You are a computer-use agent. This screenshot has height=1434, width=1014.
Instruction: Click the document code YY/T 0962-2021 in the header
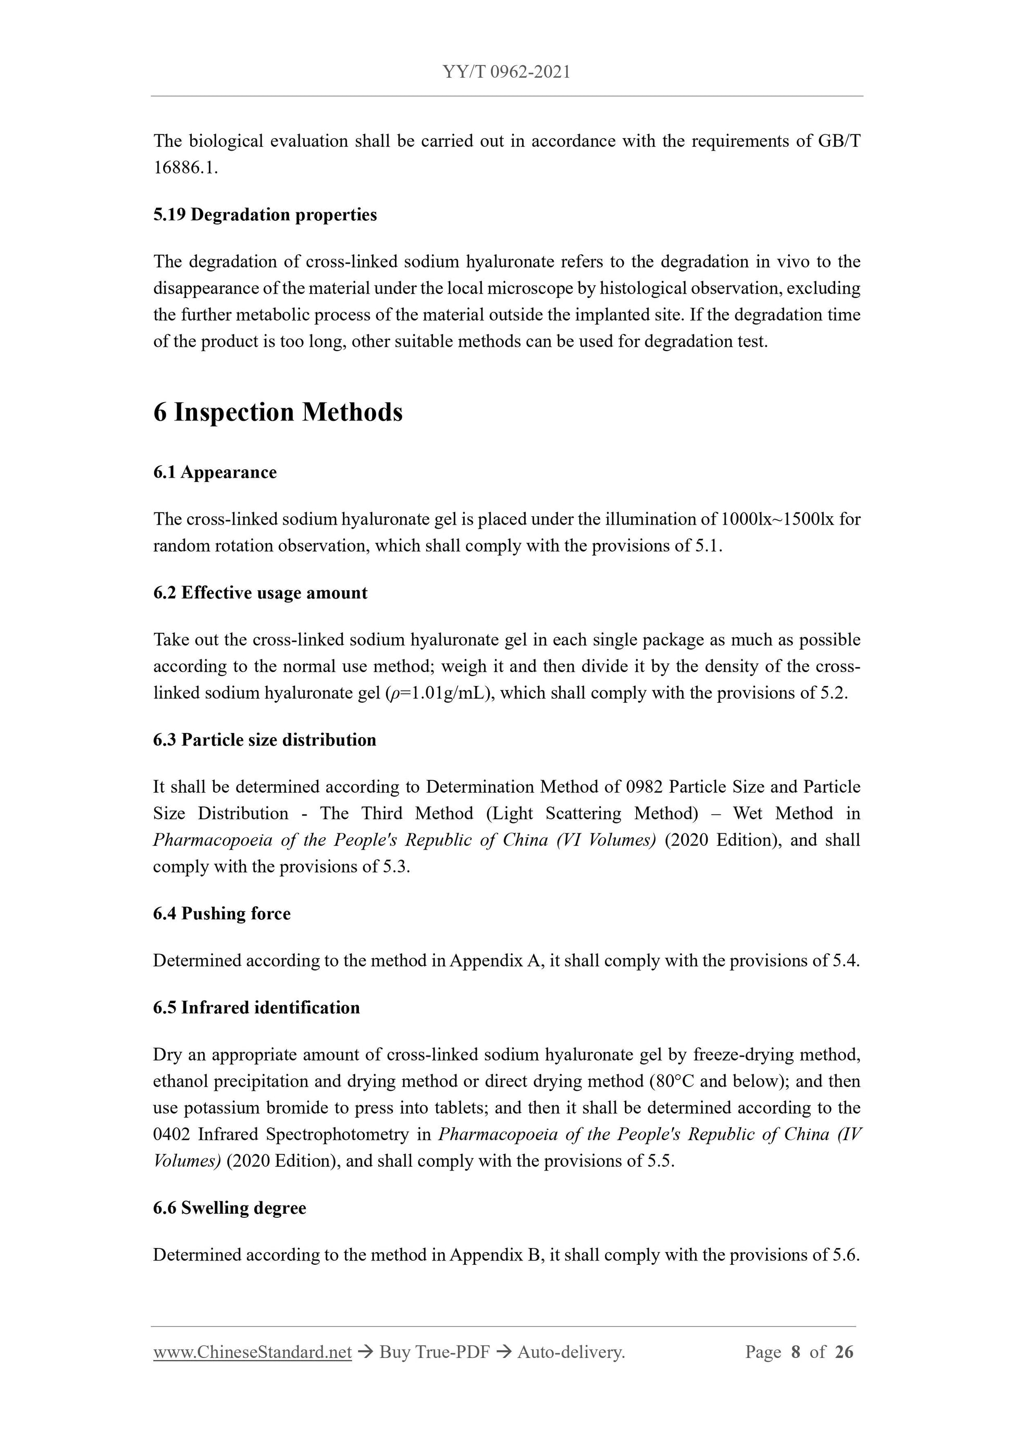506,72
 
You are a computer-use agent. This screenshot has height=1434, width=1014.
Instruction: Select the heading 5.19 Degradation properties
265,215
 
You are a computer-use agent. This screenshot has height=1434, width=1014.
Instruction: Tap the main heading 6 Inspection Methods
278,412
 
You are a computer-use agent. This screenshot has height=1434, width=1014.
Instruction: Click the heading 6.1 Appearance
215,472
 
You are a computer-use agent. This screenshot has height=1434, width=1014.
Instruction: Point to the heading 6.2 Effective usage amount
260,593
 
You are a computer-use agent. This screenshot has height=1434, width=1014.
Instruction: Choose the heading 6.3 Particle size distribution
265,740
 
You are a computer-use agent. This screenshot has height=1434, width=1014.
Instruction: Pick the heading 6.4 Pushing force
222,914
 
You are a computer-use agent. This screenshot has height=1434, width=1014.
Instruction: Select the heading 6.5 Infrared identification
256,1007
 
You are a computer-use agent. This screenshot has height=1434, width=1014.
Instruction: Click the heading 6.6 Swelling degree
229,1208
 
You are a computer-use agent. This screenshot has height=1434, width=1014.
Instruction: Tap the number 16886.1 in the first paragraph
185,168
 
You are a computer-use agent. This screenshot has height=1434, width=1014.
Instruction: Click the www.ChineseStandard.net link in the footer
252,1352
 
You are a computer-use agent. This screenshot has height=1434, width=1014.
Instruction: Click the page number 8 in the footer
795,1352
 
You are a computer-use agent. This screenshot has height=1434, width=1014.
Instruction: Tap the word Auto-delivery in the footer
571,1352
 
